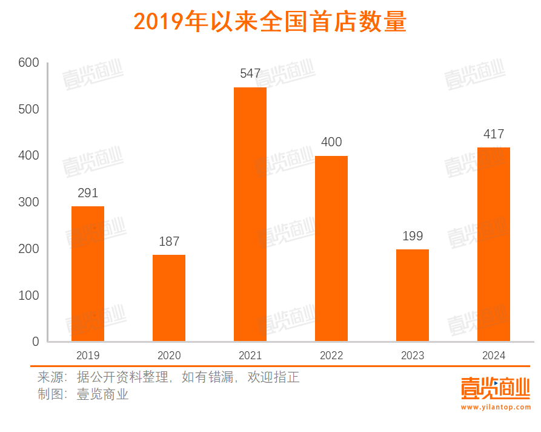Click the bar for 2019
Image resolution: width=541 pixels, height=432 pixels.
click(x=88, y=274)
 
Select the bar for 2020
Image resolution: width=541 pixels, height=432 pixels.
click(x=169, y=298)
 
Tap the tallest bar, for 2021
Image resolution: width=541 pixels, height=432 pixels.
click(x=250, y=214)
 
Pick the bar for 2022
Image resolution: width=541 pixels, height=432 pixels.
click(x=331, y=248)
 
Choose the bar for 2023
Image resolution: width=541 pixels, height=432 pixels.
click(x=413, y=295)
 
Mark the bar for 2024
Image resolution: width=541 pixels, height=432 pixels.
click(x=494, y=244)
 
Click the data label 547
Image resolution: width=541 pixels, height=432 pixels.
click(x=250, y=73)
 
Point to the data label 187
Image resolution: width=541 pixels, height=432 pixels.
click(x=169, y=241)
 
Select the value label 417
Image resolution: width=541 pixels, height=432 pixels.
click(x=494, y=134)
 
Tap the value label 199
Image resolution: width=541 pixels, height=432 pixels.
click(x=413, y=236)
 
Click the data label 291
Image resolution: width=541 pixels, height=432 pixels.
click(x=88, y=193)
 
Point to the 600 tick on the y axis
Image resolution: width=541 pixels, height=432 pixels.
click(x=28, y=62)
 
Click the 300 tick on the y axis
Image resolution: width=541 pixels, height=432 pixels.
click(x=28, y=202)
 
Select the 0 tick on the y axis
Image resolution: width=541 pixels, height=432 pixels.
click(x=35, y=342)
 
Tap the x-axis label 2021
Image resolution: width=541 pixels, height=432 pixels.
click(x=250, y=356)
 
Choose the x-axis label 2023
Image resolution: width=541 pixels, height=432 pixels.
click(x=413, y=356)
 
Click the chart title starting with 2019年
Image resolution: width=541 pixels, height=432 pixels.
click(x=270, y=22)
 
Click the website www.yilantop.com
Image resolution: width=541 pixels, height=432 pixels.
click(x=495, y=408)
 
